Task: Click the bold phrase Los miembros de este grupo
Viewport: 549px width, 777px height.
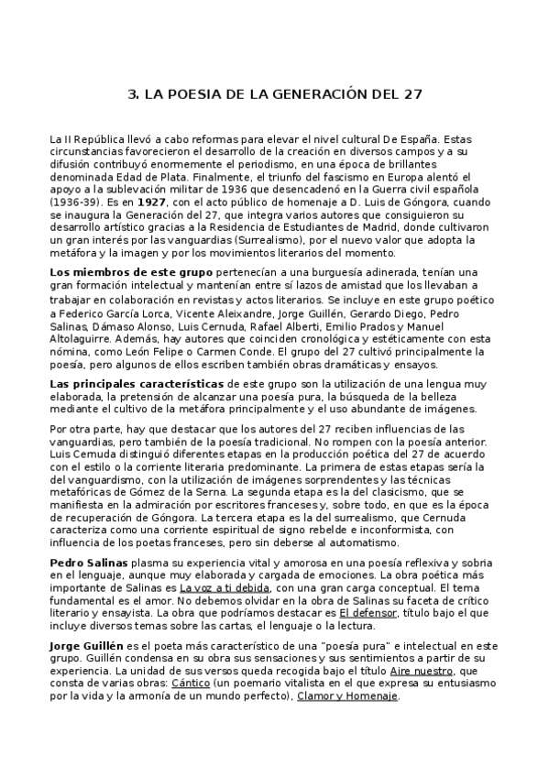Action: tap(131, 273)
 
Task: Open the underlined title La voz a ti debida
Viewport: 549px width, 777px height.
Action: tap(223, 587)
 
